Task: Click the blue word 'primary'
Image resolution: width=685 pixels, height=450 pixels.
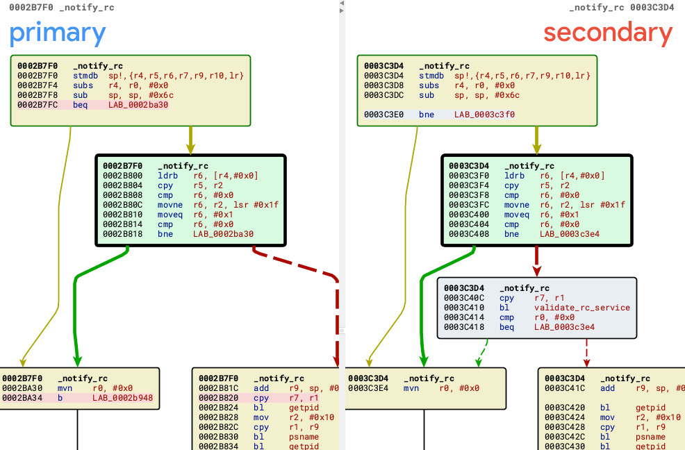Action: [x=58, y=34]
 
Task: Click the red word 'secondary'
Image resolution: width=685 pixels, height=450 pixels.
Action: [x=608, y=33]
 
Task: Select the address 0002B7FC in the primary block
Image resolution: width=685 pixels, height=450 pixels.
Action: [x=38, y=105]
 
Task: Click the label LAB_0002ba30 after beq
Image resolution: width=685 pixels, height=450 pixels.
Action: [x=138, y=105]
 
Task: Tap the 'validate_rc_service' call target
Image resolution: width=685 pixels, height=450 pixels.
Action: [x=582, y=308]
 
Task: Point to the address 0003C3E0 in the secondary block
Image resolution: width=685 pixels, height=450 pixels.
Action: [x=383, y=115]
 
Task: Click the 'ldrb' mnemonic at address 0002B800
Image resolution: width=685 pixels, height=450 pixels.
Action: [x=167, y=176]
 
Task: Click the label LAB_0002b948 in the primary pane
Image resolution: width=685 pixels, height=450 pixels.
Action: [x=123, y=398]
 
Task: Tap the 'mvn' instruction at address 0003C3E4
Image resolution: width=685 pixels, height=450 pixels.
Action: [x=411, y=388]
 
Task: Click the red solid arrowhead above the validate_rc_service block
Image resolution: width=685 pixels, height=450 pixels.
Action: [x=536, y=270]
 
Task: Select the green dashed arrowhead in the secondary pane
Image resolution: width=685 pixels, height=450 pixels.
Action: [x=479, y=362]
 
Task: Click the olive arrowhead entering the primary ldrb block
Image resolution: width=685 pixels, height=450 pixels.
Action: [x=190, y=149]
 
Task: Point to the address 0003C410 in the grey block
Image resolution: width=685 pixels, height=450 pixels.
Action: [x=464, y=308]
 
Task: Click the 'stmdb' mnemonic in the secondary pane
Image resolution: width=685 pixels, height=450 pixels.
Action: [x=431, y=76]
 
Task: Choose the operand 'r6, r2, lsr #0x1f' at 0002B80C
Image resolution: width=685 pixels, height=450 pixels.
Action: [x=236, y=205]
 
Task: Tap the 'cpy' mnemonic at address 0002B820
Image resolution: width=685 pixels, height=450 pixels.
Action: [x=261, y=398]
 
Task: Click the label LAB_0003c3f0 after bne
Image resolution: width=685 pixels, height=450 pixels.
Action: [x=484, y=115]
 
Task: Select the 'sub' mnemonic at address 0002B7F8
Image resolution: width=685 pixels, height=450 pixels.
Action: [x=80, y=95]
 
